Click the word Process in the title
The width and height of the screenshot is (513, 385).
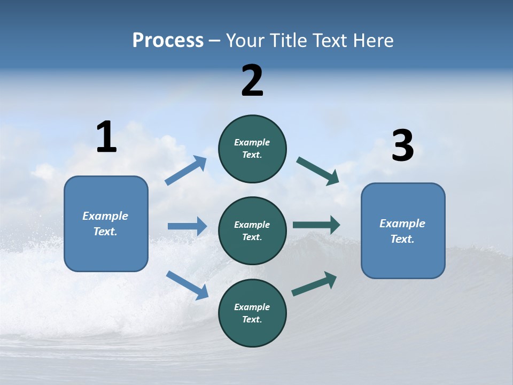click(168, 41)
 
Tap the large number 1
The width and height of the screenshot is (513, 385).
click(106, 137)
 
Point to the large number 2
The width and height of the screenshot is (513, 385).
click(252, 81)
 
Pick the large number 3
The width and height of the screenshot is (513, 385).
click(402, 146)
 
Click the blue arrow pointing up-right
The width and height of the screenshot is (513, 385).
click(186, 171)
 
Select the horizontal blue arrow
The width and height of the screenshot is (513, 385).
click(187, 226)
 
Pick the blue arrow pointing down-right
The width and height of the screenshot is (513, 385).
click(188, 285)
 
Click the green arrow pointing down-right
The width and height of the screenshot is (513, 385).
click(318, 171)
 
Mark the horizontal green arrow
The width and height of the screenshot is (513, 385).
click(316, 225)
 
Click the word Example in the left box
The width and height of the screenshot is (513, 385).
click(105, 216)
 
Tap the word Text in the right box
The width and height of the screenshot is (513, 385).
click(402, 239)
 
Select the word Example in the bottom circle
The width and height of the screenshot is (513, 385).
click(252, 307)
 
